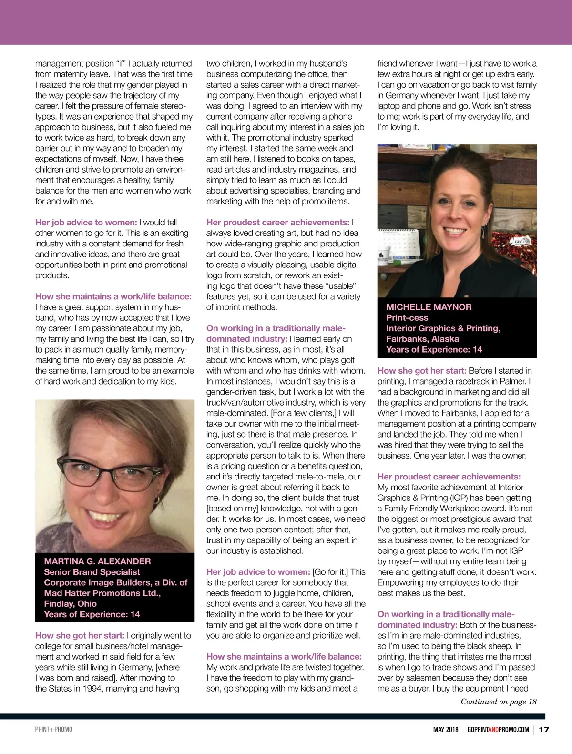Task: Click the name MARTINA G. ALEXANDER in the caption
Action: coord(97,561)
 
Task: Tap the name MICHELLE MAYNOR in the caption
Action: coord(429,307)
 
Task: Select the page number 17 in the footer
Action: coord(544,730)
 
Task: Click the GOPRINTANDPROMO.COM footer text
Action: coord(498,730)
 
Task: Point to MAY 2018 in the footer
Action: coord(446,730)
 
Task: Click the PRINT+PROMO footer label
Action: coord(54,730)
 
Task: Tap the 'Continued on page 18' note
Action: coord(498,702)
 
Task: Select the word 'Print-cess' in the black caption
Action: coord(407,318)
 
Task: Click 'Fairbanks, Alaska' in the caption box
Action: coord(422,339)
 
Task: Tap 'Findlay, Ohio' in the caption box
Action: coord(70,604)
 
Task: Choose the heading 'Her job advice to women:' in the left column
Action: coord(86,223)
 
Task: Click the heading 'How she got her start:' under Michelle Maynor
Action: coord(421,371)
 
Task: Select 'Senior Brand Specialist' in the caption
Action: coord(92,572)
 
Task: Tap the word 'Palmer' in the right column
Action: coord(514,381)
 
